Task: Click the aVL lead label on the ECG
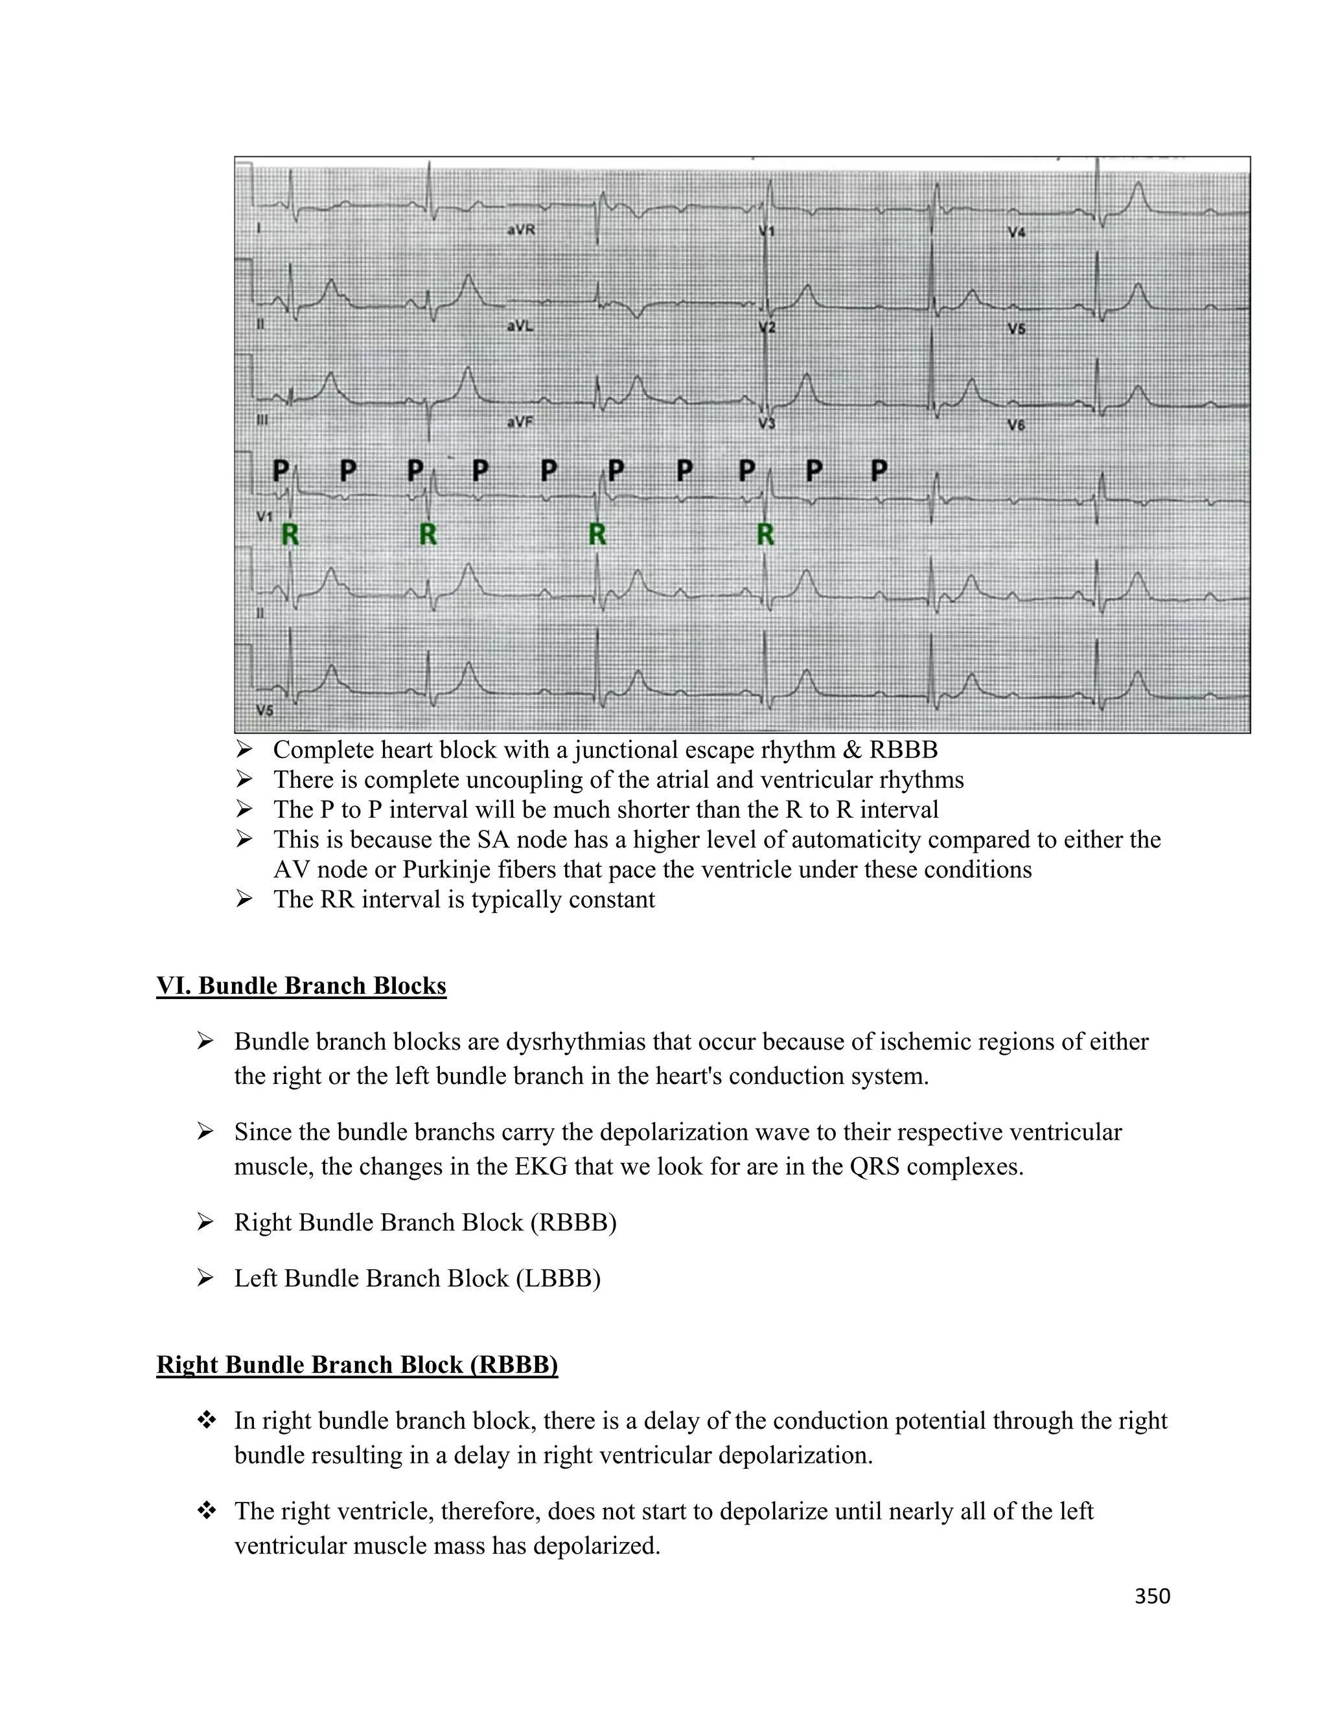[x=520, y=325]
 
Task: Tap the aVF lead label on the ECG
[x=520, y=422]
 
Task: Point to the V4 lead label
[x=1017, y=233]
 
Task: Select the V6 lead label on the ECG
[x=1017, y=425]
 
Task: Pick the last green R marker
[x=765, y=535]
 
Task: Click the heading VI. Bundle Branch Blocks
[x=301, y=986]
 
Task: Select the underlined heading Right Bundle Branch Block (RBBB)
[x=357, y=1365]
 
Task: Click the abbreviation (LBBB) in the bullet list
[x=558, y=1279]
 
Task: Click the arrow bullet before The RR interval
[x=244, y=899]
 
